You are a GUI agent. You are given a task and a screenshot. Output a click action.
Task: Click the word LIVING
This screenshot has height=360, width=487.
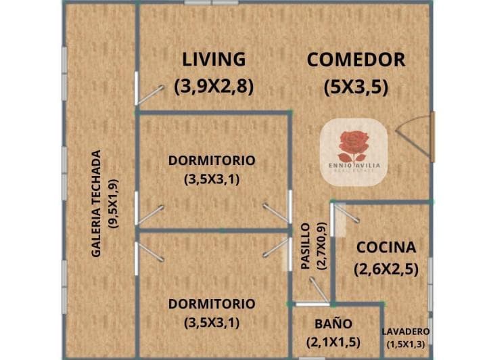coord(214,60)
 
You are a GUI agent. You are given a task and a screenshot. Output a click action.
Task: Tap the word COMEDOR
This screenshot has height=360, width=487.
coord(356,60)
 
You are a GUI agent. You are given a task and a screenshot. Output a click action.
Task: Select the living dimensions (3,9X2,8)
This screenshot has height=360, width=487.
coord(214,86)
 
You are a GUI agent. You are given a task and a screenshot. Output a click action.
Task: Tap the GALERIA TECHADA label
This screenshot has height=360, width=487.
coord(97,203)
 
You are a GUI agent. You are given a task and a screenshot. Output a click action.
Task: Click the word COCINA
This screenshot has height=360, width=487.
coord(386,247)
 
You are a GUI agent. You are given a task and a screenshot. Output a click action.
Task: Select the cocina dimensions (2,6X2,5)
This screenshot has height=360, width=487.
coord(386,269)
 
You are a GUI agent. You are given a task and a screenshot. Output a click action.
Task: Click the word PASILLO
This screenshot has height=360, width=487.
coord(306,247)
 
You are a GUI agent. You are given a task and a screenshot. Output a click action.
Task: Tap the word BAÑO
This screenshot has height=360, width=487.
coord(333,323)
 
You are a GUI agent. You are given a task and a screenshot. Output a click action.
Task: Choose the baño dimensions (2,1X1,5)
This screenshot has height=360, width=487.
coord(333,341)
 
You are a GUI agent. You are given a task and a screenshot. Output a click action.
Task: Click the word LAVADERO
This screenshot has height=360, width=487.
coord(405,332)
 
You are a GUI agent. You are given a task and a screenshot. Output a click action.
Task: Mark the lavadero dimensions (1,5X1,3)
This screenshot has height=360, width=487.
coord(406,344)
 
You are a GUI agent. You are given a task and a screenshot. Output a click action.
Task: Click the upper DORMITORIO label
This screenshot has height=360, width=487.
coord(212,160)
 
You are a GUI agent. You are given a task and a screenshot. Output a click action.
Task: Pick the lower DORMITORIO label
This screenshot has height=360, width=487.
coord(212,304)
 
